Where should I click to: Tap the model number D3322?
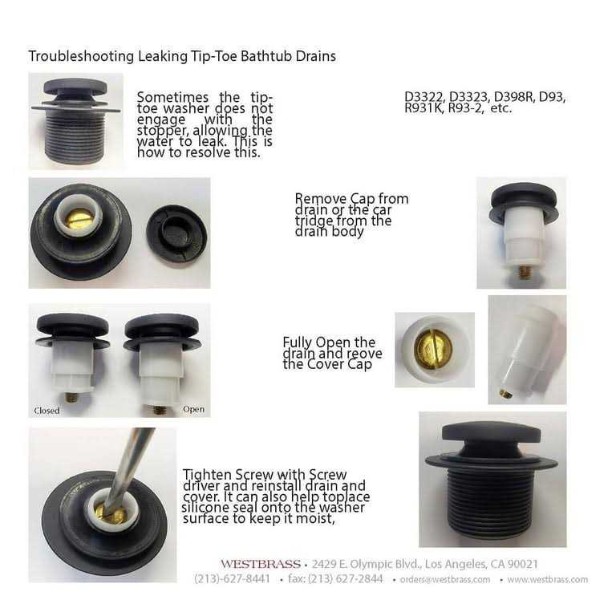click(423, 97)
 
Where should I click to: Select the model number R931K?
click(423, 107)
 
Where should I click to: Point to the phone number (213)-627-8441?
click(232, 579)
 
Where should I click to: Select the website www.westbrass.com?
click(548, 579)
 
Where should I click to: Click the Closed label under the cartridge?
click(47, 411)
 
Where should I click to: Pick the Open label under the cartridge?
click(193, 409)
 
